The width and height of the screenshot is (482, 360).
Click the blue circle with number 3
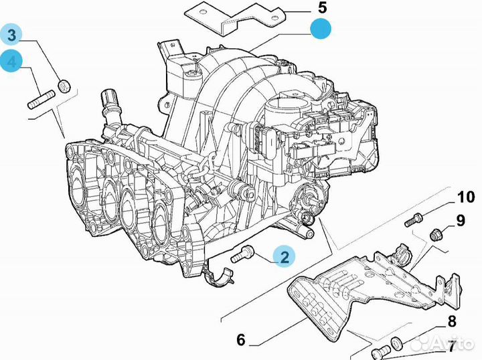tap(12, 35)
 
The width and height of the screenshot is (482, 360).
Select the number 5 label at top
tap(322, 9)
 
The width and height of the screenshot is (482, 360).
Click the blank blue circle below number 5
tap(321, 30)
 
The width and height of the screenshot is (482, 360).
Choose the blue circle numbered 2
tap(284, 256)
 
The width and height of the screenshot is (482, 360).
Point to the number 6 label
tap(240, 341)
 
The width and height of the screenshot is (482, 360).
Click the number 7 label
tap(452, 347)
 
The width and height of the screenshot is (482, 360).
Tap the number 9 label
tap(461, 219)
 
